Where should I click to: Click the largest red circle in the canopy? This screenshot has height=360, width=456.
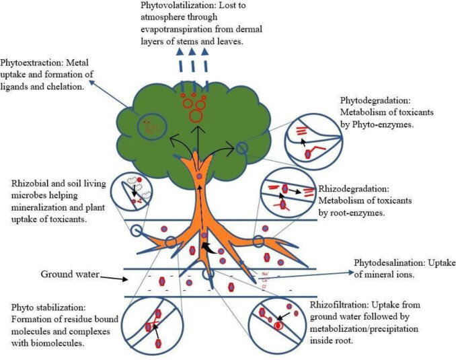click(196, 116)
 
